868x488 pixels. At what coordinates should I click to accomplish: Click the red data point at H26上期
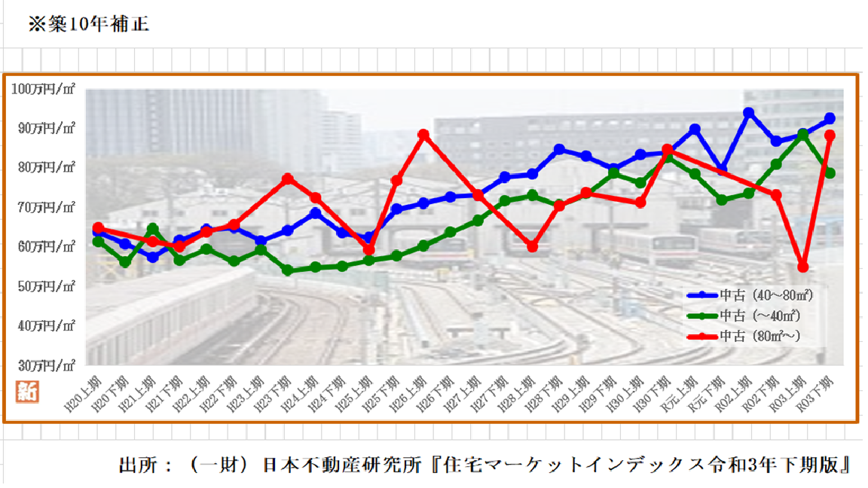click(423, 135)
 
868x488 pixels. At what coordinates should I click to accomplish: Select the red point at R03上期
click(803, 267)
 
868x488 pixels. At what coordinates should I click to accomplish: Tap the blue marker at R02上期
click(749, 113)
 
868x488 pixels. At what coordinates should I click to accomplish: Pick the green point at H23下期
click(287, 270)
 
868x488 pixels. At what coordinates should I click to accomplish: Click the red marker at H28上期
click(533, 247)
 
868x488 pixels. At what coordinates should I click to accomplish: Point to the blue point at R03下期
click(830, 119)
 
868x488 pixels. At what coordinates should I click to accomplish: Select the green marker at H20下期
click(125, 262)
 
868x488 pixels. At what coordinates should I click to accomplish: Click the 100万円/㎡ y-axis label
click(43, 89)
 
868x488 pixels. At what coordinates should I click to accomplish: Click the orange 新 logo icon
click(27, 392)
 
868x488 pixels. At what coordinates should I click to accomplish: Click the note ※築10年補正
click(88, 24)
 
